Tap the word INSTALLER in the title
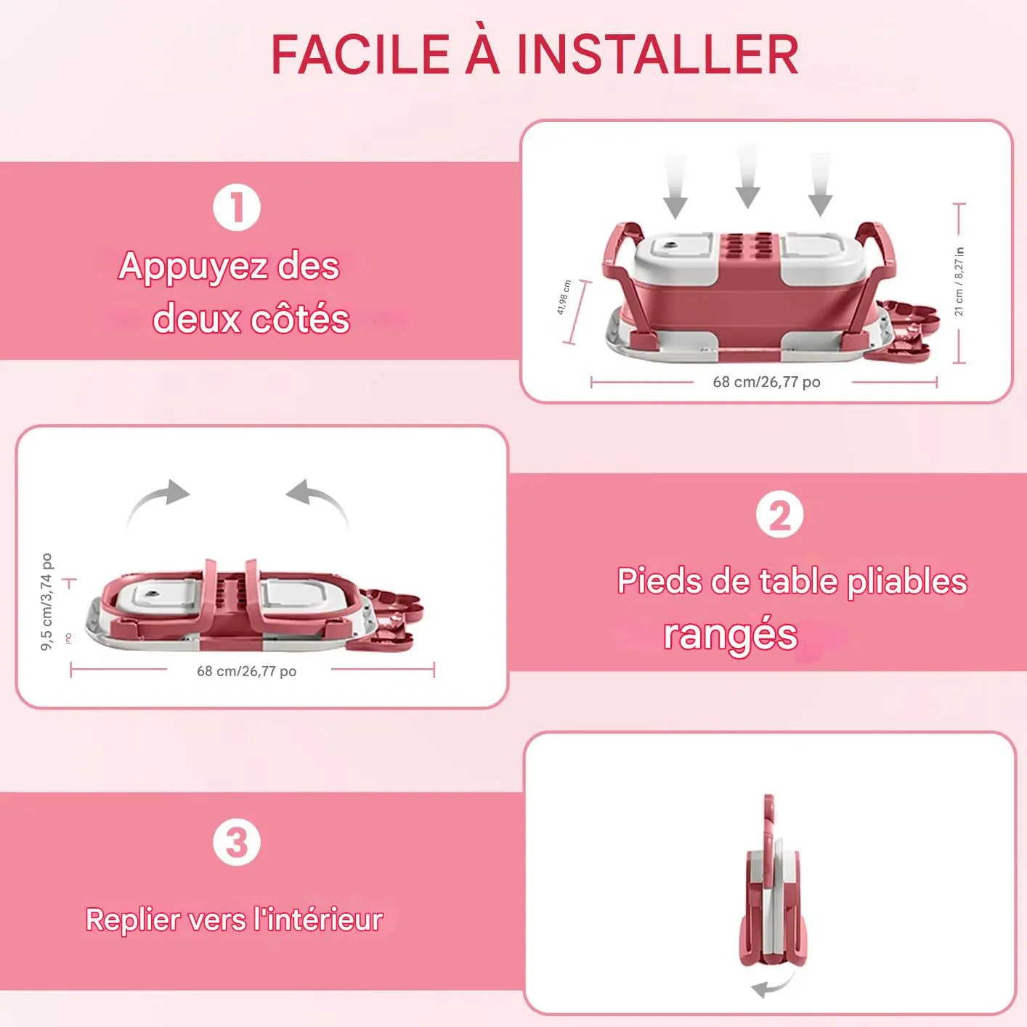tap(657, 55)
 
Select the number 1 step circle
tap(237, 208)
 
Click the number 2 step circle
tap(779, 516)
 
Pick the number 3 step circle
tap(237, 843)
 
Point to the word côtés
tap(300, 320)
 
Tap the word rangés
tap(730, 634)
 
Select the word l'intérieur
tap(318, 920)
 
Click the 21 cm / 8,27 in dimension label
tap(959, 282)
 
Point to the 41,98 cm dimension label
tap(564, 297)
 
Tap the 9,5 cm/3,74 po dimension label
tap(46, 601)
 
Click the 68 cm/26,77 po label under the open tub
tap(766, 382)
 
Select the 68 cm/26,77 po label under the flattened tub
tap(246, 671)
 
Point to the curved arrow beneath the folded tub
tap(771, 986)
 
